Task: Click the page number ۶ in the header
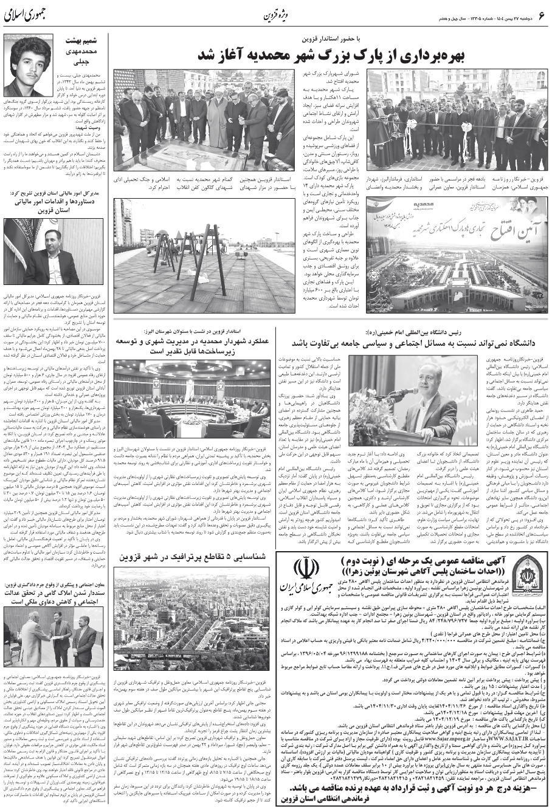coord(543,16)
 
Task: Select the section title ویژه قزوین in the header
coord(276,16)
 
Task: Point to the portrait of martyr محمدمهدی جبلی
coord(31,64)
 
